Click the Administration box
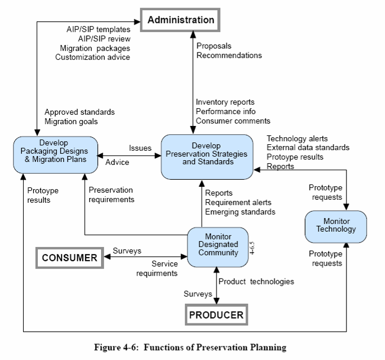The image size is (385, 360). [x=180, y=21]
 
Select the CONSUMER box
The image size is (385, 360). [x=69, y=257]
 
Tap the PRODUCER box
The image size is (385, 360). [x=216, y=314]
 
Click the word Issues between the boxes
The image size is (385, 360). [x=140, y=148]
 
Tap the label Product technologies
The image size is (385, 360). [x=256, y=281]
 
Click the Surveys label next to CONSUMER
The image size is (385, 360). [x=127, y=250]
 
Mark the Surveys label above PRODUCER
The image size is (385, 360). [x=197, y=293]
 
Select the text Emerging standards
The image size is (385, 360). [x=240, y=212]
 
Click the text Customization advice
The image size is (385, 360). [x=93, y=57]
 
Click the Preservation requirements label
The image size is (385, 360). [x=111, y=194]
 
